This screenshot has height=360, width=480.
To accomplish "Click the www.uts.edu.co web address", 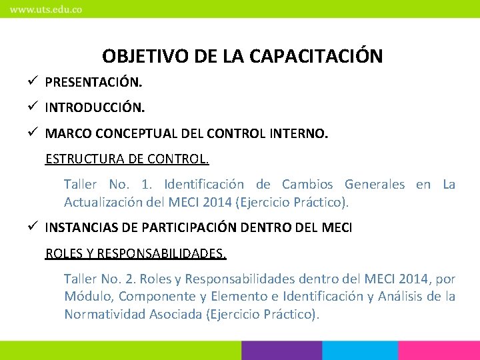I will [x=45, y=10].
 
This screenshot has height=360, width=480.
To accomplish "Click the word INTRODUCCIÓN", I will [x=95, y=107].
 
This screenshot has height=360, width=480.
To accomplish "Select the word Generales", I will [x=374, y=185].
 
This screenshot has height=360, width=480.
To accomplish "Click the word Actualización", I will [x=101, y=201].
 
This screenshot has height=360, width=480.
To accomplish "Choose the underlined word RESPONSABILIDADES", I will [x=165, y=253].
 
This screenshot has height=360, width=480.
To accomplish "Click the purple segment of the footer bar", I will [x=281, y=351].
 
